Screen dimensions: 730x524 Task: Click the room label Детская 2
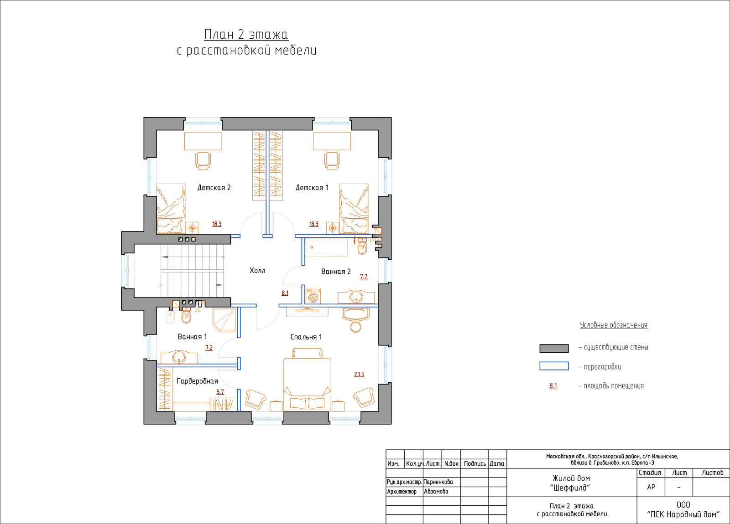pos(214,187)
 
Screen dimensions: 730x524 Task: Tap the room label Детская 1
pos(312,187)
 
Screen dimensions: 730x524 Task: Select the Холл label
pos(257,271)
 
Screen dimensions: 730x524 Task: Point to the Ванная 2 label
pos(336,272)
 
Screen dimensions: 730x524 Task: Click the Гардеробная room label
pos(197,381)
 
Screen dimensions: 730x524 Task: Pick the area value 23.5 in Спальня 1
pos(359,374)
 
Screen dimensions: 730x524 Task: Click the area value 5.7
pos(220,392)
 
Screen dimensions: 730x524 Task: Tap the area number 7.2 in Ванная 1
pos(209,348)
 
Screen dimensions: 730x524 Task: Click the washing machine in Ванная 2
pos(313,296)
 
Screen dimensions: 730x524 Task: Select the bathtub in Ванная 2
pos(327,248)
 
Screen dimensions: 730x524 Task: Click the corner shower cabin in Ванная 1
pos(224,319)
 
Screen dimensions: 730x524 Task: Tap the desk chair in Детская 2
pos(203,161)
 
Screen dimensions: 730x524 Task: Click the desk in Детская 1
pos(332,141)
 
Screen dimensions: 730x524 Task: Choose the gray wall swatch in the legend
pos(554,348)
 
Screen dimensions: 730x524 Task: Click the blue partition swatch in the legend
pos(554,366)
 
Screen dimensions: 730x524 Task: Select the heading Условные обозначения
pos(614,325)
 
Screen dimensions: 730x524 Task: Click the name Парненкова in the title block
pos(438,482)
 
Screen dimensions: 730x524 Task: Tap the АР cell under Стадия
pos(651,487)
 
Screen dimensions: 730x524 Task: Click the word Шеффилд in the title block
pos(570,488)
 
